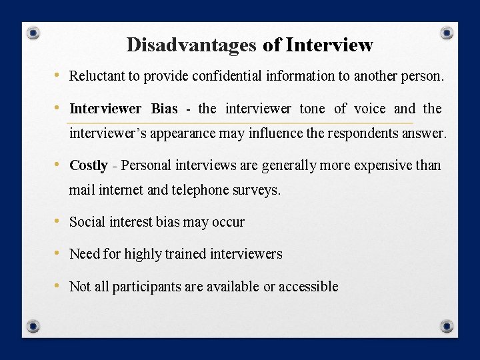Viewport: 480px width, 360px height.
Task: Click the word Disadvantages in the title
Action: pyautogui.click(x=191, y=45)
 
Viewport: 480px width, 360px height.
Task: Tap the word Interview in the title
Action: pyautogui.click(x=329, y=45)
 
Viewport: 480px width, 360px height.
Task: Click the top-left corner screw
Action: pyautogui.click(x=33, y=33)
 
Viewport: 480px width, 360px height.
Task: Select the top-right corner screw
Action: pyautogui.click(x=447, y=33)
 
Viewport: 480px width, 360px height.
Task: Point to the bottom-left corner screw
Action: pyautogui.click(x=33, y=326)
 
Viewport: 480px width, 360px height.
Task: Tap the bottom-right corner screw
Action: pyautogui.click(x=447, y=326)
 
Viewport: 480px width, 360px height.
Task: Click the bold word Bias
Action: pyautogui.click(x=164, y=109)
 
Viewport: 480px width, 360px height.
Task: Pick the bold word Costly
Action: pyautogui.click(x=89, y=165)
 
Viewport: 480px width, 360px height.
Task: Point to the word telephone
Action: pyautogui.click(x=199, y=190)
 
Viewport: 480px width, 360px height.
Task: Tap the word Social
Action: pyautogui.click(x=87, y=222)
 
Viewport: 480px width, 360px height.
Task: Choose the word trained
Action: pyautogui.click(x=185, y=254)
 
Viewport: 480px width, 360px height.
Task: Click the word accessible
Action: pyautogui.click(x=308, y=287)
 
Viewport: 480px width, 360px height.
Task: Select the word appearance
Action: pyautogui.click(x=183, y=133)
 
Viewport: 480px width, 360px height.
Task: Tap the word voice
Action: pyautogui.click(x=369, y=109)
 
